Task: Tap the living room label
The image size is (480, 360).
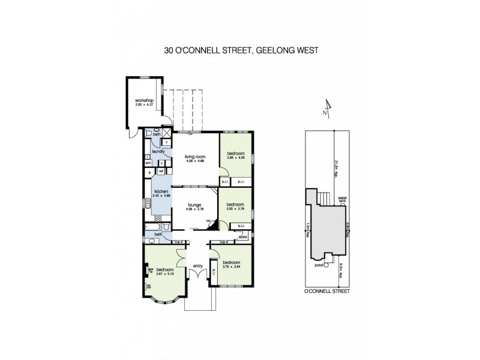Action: [194, 158]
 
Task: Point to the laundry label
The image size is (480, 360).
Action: [158, 152]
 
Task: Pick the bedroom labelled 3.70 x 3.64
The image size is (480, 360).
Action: [231, 263]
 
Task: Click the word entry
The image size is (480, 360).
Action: [197, 266]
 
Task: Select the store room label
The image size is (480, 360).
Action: [242, 237]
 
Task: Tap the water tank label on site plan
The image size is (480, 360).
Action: [343, 199]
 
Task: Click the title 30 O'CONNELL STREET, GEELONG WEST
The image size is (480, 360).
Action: [241, 51]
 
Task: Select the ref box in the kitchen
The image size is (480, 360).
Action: [161, 172]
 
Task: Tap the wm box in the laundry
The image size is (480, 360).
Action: [147, 162]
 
